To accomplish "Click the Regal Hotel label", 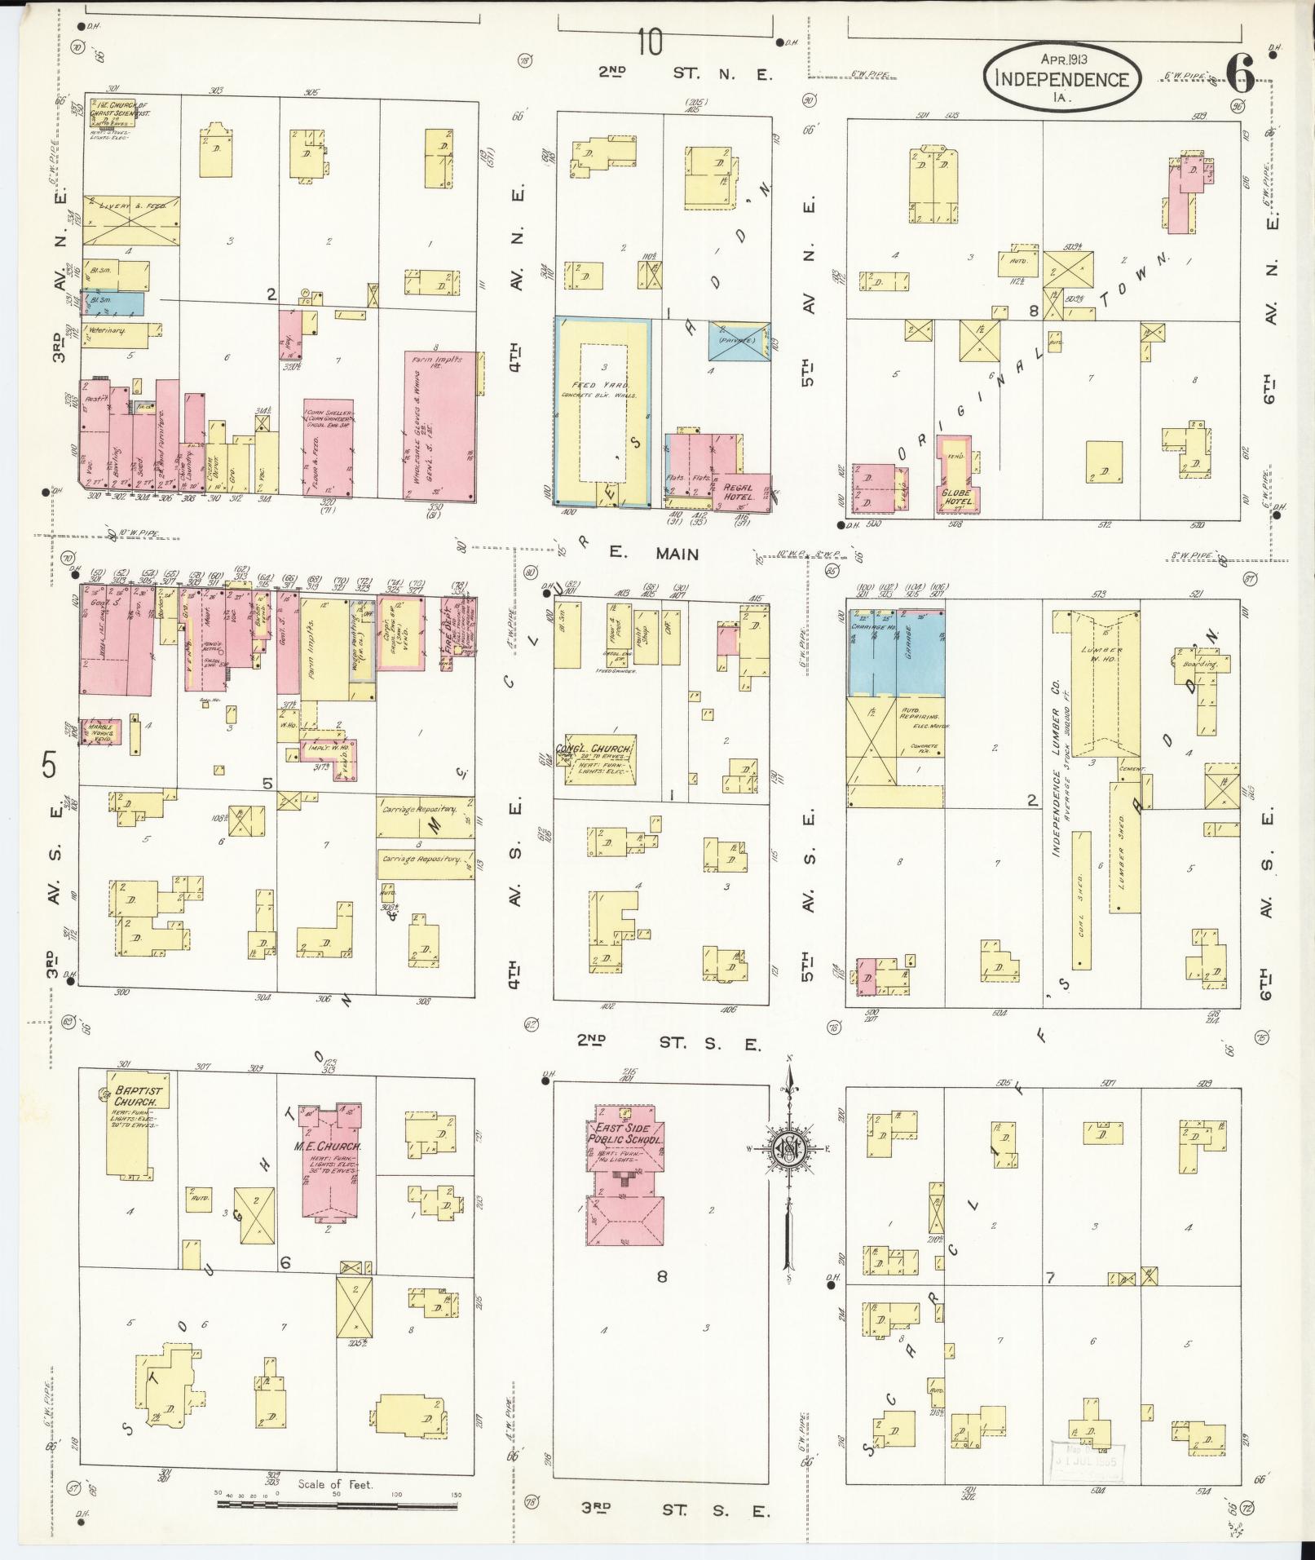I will (739, 491).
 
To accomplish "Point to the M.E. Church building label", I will (328, 1147).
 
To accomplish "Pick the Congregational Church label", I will (594, 749).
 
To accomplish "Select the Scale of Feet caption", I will (335, 1484).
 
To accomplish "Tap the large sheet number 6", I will (1238, 75).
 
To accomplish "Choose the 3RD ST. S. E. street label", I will (675, 1510).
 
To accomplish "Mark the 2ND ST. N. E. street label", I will (685, 73).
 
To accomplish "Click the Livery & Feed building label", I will (132, 207).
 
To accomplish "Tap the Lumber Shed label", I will (1122, 857).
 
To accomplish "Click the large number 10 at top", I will (650, 42).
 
